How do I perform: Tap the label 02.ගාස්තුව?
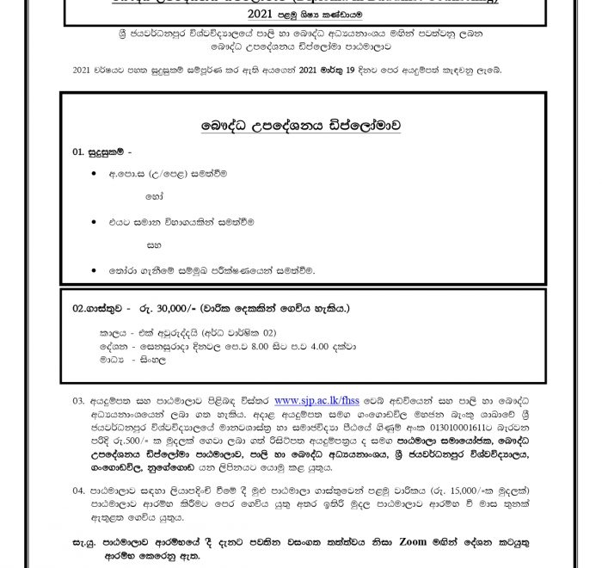(101, 308)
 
